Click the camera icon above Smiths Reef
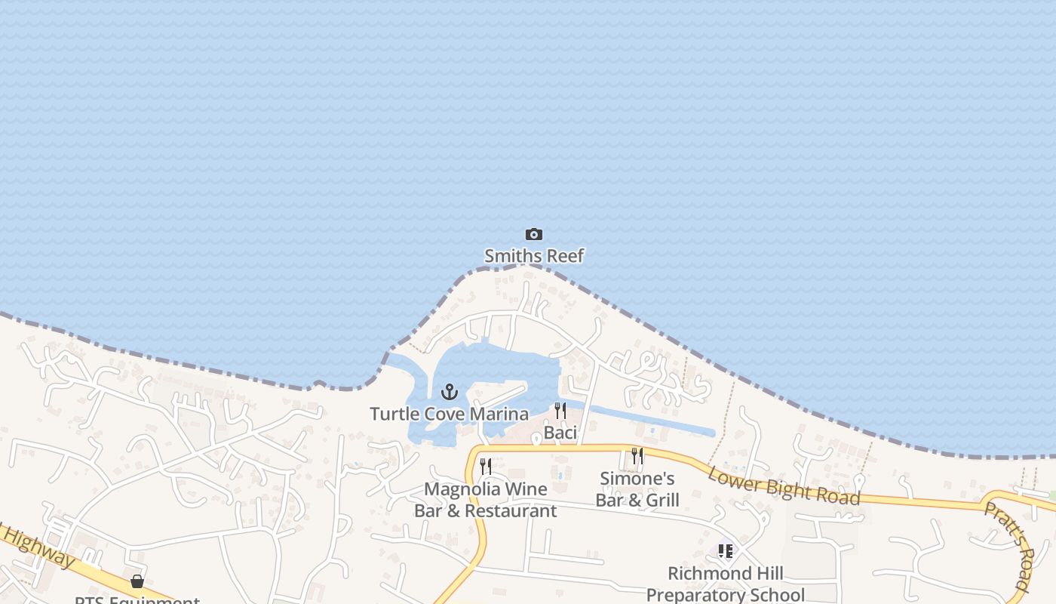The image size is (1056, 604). coord(534,235)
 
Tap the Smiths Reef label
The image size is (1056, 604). coord(534,256)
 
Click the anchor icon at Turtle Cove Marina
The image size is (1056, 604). coord(450,392)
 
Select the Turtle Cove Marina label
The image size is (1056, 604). coord(449,414)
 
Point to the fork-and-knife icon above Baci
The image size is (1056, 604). coord(560,411)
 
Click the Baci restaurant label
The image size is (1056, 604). coord(560,433)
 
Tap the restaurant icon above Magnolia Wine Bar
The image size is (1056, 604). coord(486,467)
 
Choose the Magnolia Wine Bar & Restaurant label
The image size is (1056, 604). coord(486,500)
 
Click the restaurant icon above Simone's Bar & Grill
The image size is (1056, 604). coord(637,456)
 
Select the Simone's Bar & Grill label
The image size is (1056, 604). coord(637,489)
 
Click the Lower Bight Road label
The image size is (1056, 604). coord(784,485)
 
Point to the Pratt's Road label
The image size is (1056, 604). coord(1006,545)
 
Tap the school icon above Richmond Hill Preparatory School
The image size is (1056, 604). coord(726,551)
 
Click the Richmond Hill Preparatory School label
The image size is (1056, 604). coord(726,584)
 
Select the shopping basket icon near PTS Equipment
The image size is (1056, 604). coord(137,581)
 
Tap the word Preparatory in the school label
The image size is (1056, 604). coord(726,595)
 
